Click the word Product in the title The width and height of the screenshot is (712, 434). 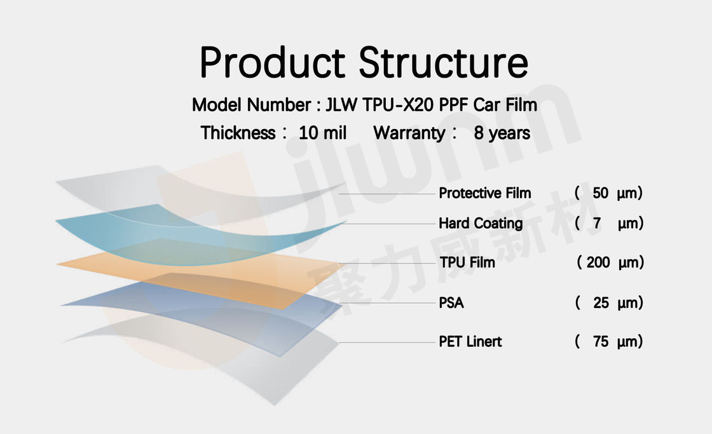[x=273, y=63]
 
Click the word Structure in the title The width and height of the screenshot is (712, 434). [x=444, y=63]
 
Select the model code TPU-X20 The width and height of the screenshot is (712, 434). [x=398, y=105]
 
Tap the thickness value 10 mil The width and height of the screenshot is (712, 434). [x=322, y=133]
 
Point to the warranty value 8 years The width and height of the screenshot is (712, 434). [x=502, y=133]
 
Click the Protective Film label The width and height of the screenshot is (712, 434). [x=485, y=193]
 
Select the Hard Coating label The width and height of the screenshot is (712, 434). [x=481, y=224]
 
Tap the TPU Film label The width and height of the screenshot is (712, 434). [x=467, y=262]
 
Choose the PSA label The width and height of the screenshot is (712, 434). [x=451, y=303]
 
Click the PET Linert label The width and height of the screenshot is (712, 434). [x=470, y=341]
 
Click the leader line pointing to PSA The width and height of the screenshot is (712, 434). [x=387, y=303]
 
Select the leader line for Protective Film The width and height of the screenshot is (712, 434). [x=387, y=194]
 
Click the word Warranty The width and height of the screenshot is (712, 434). [x=409, y=133]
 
